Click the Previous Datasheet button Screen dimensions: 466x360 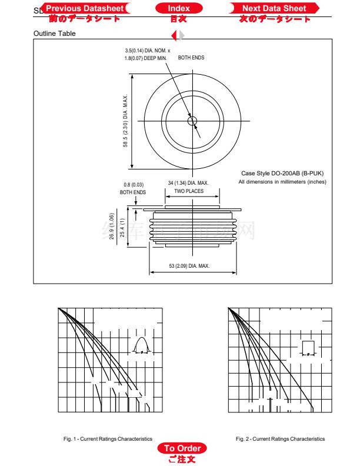click(85, 8)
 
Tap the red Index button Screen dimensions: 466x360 click(179, 8)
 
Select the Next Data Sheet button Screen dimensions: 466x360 click(275, 8)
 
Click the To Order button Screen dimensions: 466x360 click(182, 448)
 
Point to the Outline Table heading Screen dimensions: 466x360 click(55, 34)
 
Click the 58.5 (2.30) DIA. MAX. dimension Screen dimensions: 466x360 click(126, 121)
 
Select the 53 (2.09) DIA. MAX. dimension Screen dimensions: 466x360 click(189, 267)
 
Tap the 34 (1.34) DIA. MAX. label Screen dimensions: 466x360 click(189, 183)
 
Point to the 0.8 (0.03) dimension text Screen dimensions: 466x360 click(134, 184)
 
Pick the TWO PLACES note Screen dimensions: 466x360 click(189, 191)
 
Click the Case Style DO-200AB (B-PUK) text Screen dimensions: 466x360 click(282, 173)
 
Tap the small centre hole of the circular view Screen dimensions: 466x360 click(192, 121)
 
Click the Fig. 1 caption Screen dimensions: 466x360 click(108, 439)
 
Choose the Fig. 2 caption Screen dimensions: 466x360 click(280, 439)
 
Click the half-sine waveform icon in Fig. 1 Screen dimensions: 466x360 click(141, 346)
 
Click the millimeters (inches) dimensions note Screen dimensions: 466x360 click(282, 182)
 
